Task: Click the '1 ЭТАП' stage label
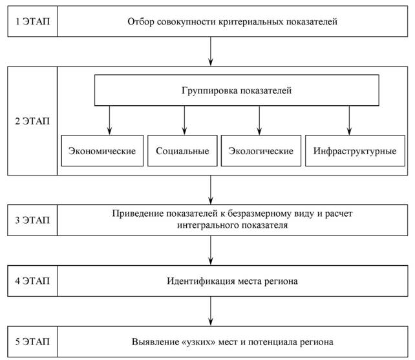(32, 21)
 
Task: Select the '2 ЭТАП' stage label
(32, 121)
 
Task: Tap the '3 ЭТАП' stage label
(32, 220)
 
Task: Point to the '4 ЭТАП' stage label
(32, 281)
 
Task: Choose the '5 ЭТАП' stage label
(32, 341)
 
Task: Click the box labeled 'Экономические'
(102, 151)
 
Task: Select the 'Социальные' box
(182, 151)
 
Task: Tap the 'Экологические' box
(261, 151)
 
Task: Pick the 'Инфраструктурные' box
(355, 151)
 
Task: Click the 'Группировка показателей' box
(237, 90)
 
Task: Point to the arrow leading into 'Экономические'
(110, 121)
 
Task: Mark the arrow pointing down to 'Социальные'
(184, 121)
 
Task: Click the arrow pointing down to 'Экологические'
(259, 121)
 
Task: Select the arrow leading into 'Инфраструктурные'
(349, 121)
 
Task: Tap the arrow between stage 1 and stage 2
(211, 51)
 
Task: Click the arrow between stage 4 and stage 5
(211, 311)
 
